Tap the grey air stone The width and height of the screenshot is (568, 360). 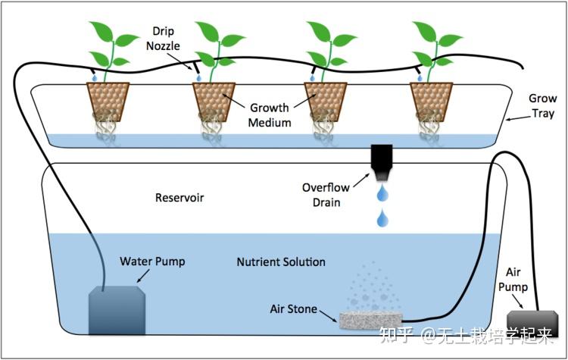pos(372,321)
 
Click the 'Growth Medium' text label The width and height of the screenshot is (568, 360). pos(270,114)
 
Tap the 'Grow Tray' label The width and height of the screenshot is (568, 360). pos(541,107)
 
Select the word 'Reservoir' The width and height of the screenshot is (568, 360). pos(179,199)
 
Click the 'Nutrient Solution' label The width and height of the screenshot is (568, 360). pos(281,262)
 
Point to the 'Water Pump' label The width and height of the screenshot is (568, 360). pos(152,262)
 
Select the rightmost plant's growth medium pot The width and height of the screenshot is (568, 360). pos(430,99)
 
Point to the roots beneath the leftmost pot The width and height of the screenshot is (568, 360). pos(107,128)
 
